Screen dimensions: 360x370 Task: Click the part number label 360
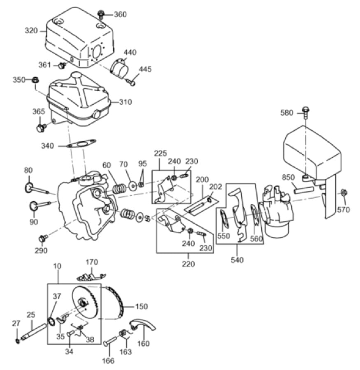[x=120, y=14]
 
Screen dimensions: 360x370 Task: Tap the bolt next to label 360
[x=101, y=14]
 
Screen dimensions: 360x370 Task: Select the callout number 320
[x=31, y=31]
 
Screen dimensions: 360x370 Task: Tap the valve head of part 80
[x=28, y=187]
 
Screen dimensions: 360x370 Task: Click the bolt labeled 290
[x=44, y=238]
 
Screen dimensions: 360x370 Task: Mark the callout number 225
[x=160, y=153]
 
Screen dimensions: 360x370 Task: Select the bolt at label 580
[x=306, y=112]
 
